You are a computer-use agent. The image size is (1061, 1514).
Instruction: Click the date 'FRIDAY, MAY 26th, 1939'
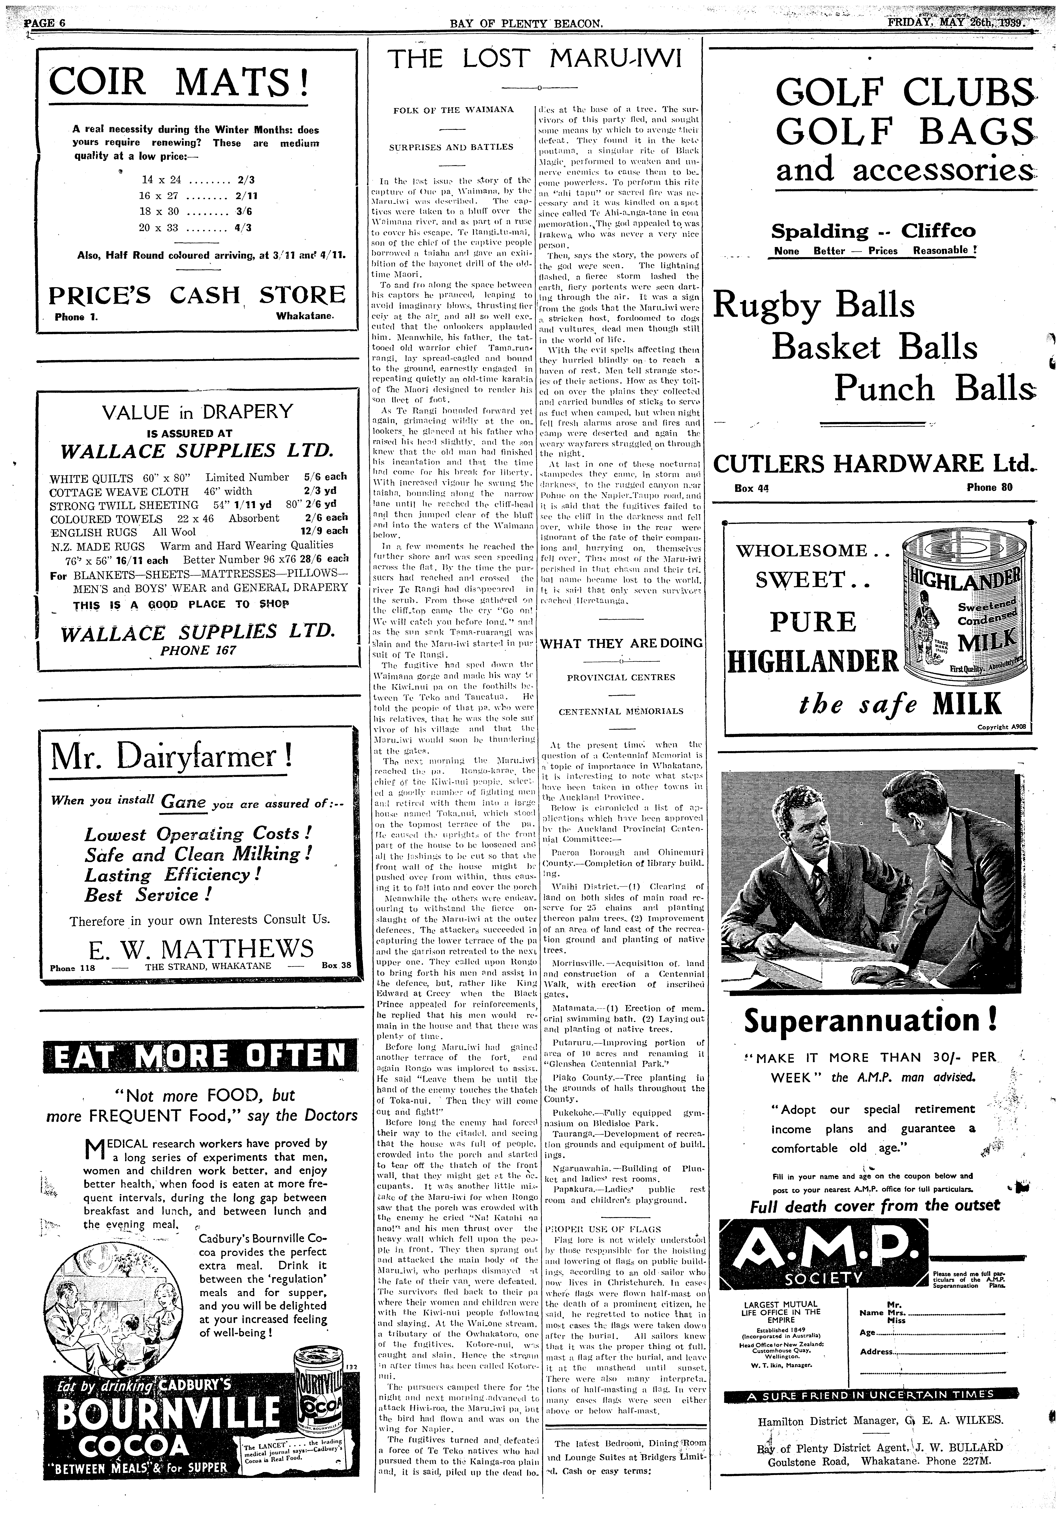[958, 23]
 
